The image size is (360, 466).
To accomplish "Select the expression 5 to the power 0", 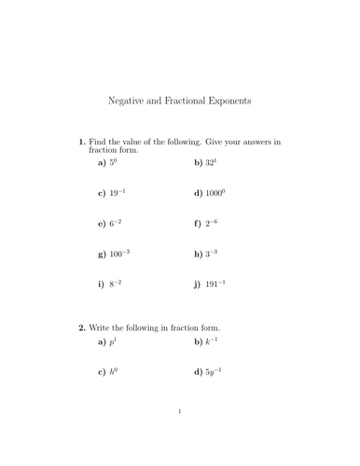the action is tap(116, 162).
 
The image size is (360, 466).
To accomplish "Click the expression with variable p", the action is tap(116, 342).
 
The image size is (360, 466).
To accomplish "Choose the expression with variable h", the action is tap(116, 373).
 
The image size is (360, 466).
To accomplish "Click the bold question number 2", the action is tap(82, 328).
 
